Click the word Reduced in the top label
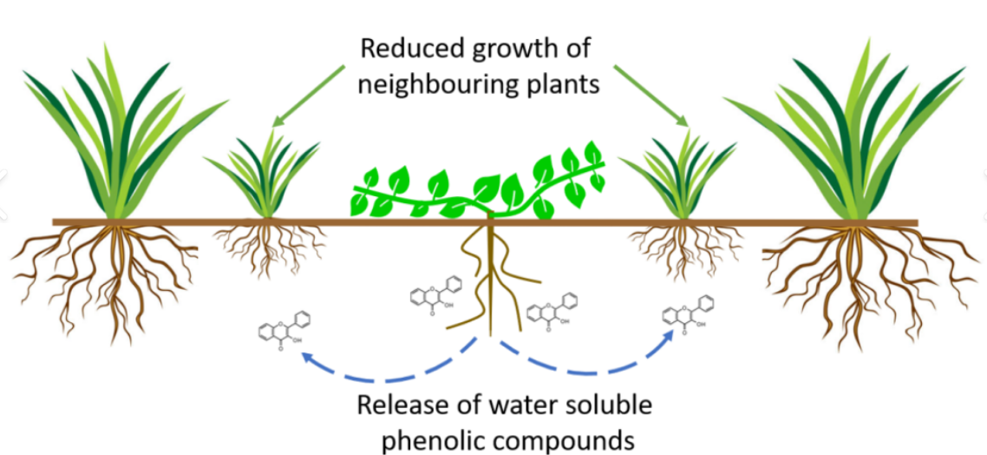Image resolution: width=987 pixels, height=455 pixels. click(x=409, y=49)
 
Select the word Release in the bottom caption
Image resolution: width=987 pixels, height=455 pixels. click(x=400, y=406)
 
